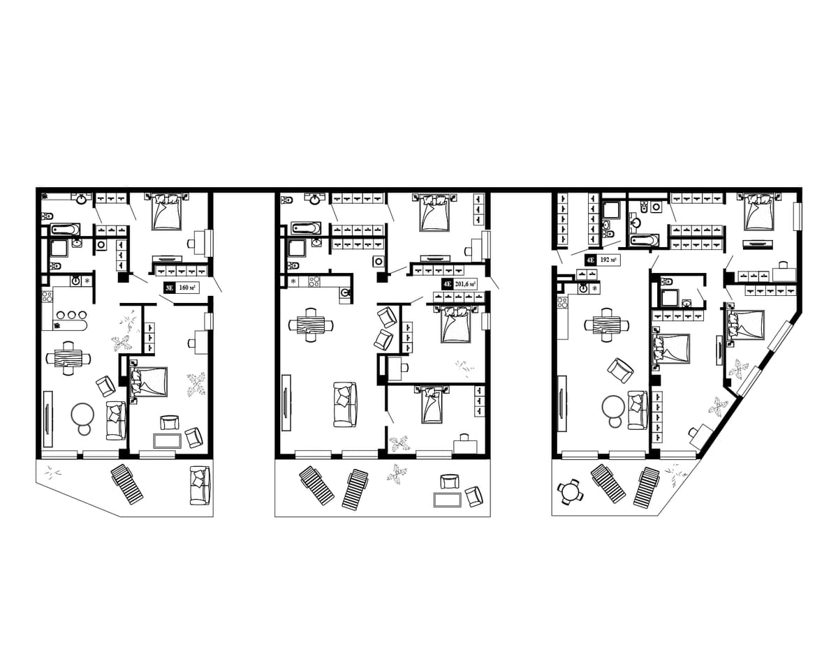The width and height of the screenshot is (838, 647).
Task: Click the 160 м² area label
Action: (187, 288)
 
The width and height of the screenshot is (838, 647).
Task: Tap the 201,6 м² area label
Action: (464, 284)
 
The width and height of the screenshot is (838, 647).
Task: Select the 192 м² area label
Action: (608, 260)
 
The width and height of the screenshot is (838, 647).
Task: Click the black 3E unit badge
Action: (169, 288)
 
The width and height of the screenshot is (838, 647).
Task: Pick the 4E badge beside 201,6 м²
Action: (446, 284)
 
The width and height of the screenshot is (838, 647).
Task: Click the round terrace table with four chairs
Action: (570, 492)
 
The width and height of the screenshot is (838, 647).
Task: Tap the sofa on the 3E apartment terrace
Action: (200, 486)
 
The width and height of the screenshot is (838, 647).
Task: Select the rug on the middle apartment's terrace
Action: (446, 500)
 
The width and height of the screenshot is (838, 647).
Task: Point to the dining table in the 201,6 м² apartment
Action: (311, 325)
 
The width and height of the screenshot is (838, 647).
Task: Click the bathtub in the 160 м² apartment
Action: (66, 230)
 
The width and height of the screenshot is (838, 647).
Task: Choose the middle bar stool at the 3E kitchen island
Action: (72, 315)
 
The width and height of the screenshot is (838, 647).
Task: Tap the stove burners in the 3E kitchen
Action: (47, 296)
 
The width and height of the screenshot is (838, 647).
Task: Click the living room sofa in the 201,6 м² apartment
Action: (345, 404)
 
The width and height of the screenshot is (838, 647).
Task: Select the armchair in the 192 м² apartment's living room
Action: (620, 371)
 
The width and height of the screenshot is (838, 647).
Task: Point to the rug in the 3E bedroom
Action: (168, 441)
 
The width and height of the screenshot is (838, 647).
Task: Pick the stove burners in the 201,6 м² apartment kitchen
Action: (315, 281)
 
